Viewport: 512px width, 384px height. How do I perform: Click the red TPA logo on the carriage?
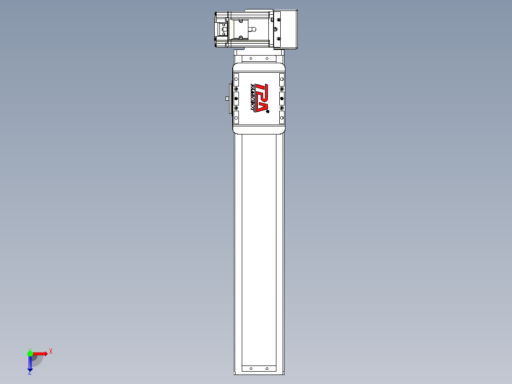tap(262, 98)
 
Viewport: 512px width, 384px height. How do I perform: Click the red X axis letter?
tap(51, 351)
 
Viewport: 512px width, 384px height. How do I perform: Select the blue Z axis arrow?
tap(30, 364)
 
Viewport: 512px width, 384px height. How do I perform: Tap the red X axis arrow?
tap(40, 354)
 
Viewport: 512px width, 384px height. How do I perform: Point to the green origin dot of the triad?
tap(30, 354)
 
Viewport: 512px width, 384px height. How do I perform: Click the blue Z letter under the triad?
tap(29, 373)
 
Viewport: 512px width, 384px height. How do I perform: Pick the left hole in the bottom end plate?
tap(251, 368)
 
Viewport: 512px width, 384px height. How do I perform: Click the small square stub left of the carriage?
tap(227, 98)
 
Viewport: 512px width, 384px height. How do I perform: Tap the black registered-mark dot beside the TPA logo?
tap(268, 112)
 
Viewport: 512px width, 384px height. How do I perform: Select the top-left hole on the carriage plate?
tap(236, 78)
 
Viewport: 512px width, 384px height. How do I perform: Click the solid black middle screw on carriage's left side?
tap(236, 98)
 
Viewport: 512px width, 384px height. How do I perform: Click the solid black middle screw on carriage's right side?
tap(282, 98)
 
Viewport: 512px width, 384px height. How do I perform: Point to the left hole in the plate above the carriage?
tap(251, 58)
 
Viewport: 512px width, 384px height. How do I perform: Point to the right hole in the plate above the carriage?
tap(266, 58)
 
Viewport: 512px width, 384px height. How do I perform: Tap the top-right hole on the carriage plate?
tap(282, 78)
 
